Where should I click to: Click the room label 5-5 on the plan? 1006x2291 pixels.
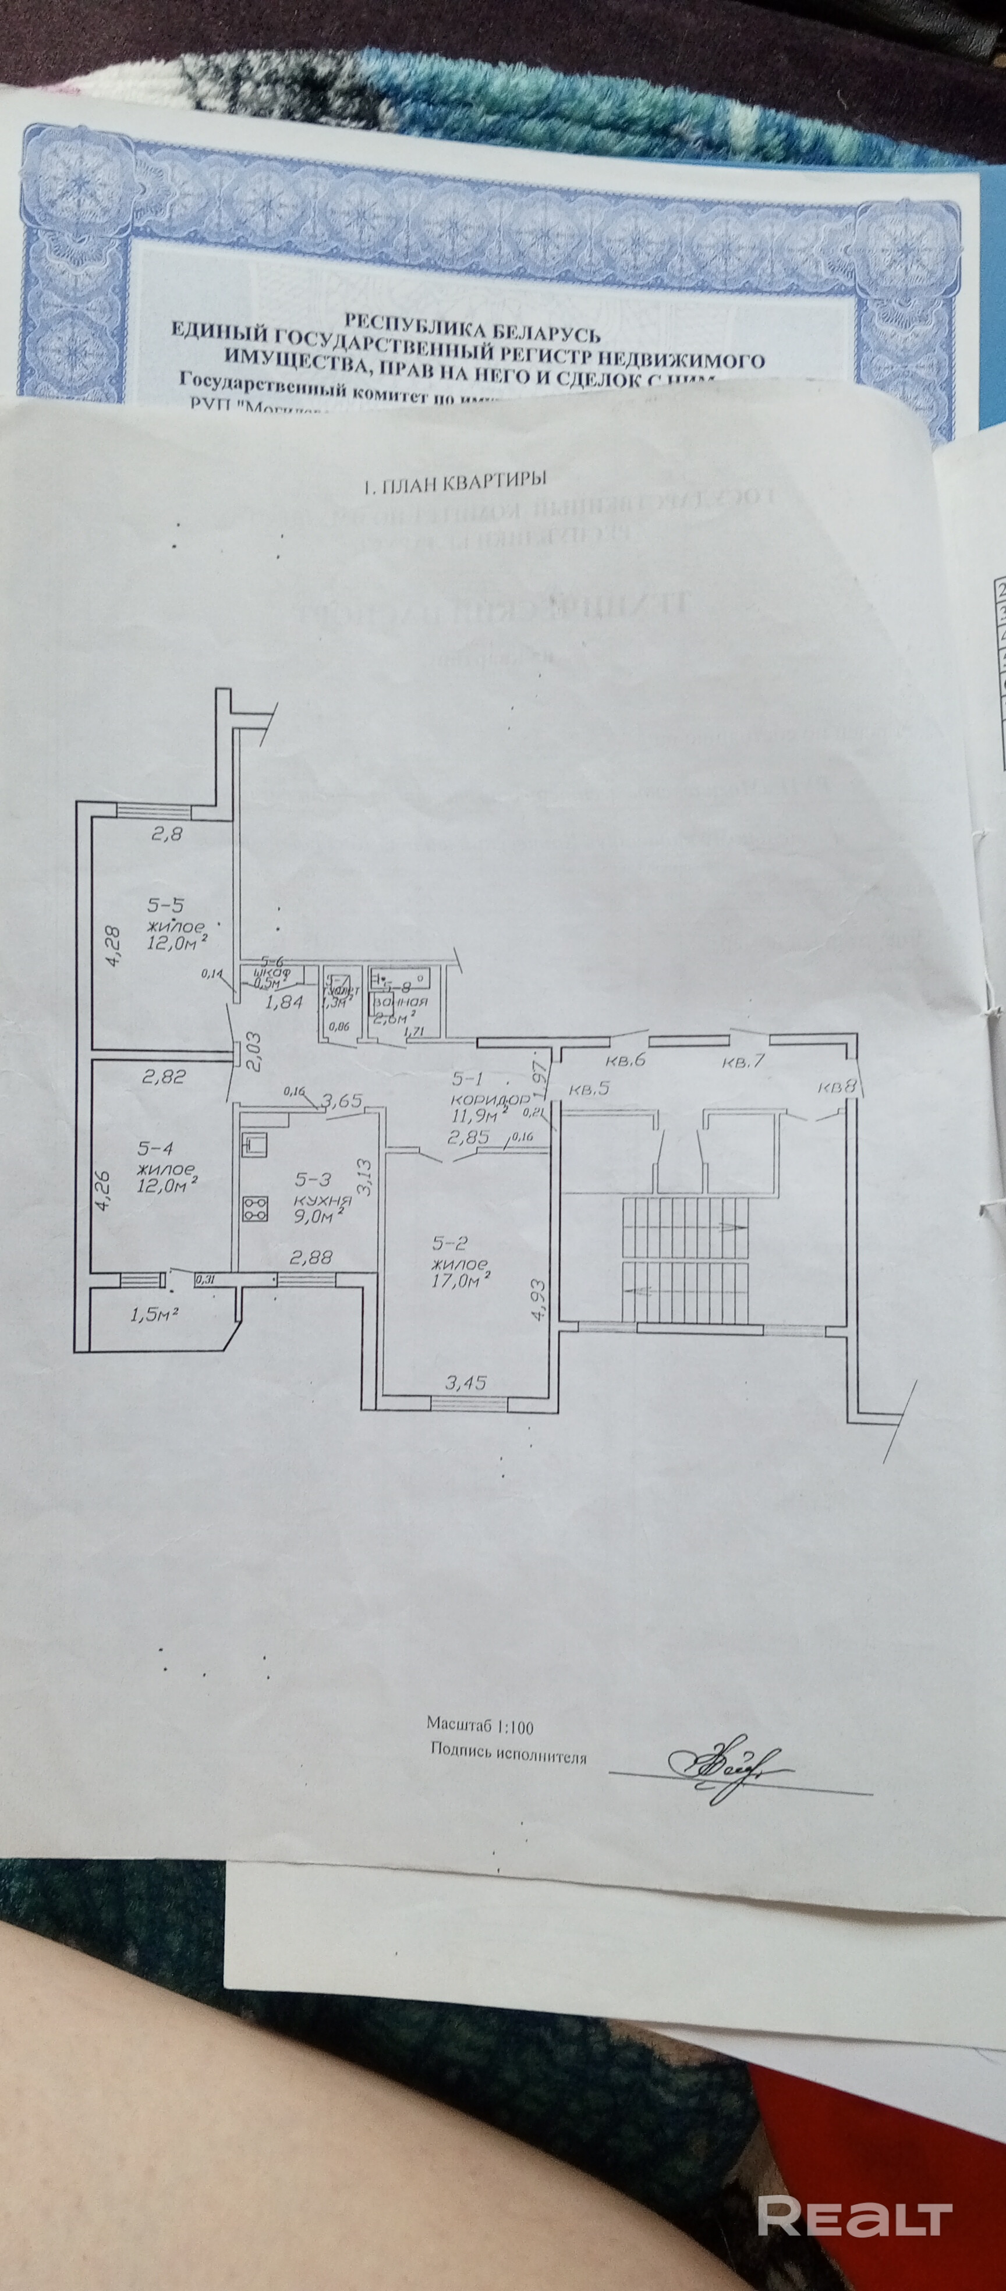click(x=165, y=905)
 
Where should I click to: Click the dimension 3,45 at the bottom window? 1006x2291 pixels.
click(x=465, y=1383)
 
